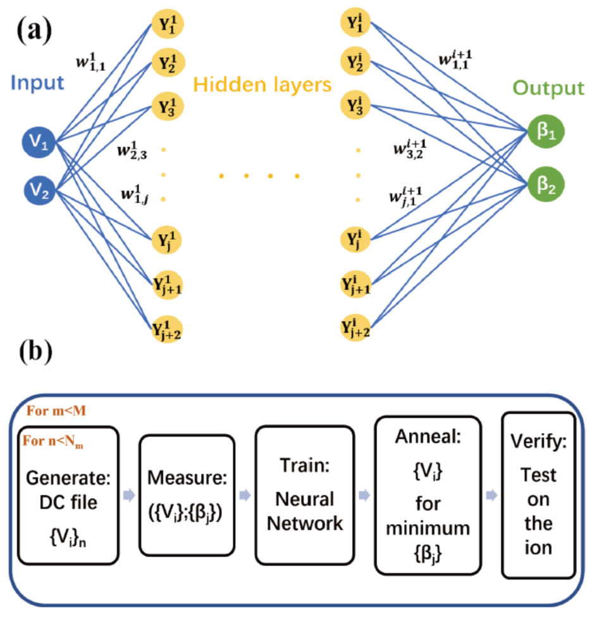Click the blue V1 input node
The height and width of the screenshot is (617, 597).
point(41,145)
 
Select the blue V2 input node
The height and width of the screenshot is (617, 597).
point(41,188)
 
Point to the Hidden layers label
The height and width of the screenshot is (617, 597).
point(262,84)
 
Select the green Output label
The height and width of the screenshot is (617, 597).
point(548,87)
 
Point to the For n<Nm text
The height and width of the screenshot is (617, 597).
point(54,442)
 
